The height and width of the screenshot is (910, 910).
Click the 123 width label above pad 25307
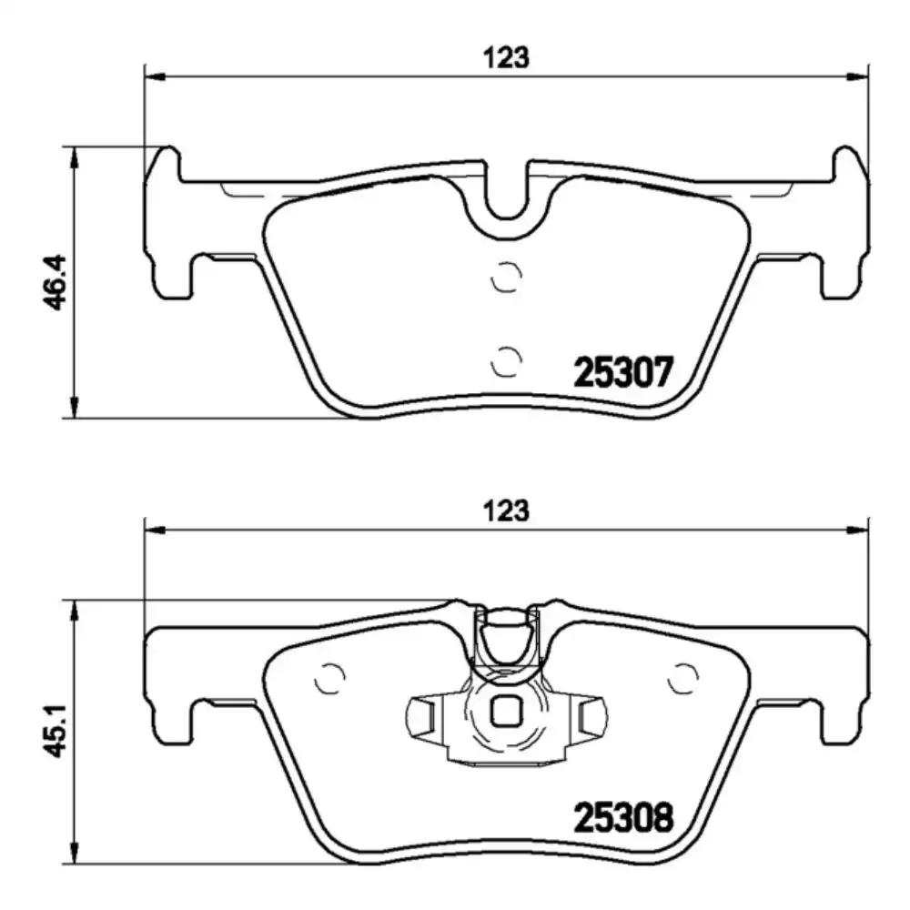pyautogui.click(x=506, y=58)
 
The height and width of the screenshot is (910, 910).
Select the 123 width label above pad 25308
pyautogui.click(x=506, y=511)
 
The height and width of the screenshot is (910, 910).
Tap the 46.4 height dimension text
pyautogui.click(x=56, y=282)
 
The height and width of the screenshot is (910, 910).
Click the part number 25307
pyautogui.click(x=623, y=372)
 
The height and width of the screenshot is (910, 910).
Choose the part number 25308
pyautogui.click(x=623, y=819)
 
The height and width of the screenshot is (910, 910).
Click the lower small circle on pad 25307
pyautogui.click(x=505, y=361)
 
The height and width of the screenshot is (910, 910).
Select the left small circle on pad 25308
pyautogui.click(x=328, y=678)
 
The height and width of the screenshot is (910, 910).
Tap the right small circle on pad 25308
pyautogui.click(x=682, y=678)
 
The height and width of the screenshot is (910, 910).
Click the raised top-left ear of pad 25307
pyautogui.click(x=167, y=164)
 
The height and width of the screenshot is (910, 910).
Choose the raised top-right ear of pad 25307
pyautogui.click(x=846, y=164)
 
